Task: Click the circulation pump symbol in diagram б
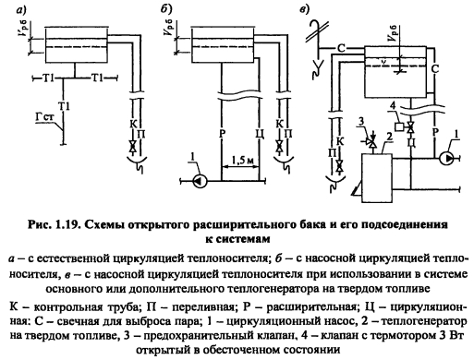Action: click(x=200, y=181)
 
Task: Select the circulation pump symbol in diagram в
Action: click(x=446, y=159)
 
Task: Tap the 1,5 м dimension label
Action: click(x=242, y=161)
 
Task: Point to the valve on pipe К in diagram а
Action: click(x=133, y=146)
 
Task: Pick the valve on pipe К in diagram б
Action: click(x=279, y=146)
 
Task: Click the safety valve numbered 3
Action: click(x=372, y=142)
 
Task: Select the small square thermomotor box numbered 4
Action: click(x=399, y=126)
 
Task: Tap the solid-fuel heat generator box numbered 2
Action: click(x=377, y=178)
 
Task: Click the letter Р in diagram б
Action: click(x=223, y=134)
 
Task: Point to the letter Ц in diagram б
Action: click(x=261, y=135)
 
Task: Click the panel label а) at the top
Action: click(x=21, y=10)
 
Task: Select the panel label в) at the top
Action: click(x=304, y=10)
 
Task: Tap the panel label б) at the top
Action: click(x=166, y=9)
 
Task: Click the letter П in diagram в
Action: click(x=332, y=153)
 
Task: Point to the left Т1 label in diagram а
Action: click(x=48, y=78)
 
